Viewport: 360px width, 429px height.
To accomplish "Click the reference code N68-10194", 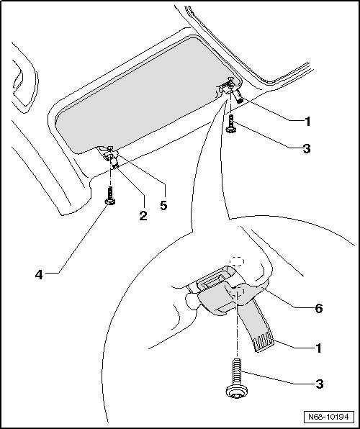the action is point(328,417).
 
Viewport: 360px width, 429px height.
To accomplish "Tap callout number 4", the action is point(39,274).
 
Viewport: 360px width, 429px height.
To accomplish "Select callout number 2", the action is point(143,216).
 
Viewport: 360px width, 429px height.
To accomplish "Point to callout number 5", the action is point(163,205).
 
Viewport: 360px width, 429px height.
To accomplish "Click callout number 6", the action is point(319,309).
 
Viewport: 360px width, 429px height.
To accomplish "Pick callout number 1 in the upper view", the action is point(308,121).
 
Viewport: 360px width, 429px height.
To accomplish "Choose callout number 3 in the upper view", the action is point(307,148).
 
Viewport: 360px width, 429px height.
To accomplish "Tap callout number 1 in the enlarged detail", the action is point(318,348).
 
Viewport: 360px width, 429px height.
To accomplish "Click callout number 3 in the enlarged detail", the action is point(320,384).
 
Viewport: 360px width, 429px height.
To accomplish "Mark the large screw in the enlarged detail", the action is point(237,379).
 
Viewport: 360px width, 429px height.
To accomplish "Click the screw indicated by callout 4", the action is point(109,196).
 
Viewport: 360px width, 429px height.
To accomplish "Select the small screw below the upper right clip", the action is point(231,124).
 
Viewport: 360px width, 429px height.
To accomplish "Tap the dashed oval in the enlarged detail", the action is point(237,261).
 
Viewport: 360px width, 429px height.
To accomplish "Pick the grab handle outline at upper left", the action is point(24,79).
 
